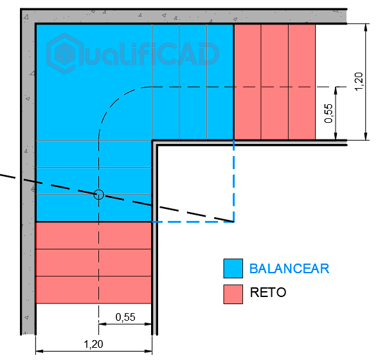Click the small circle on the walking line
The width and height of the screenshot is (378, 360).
coord(98,195)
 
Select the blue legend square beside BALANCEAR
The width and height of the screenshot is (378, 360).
coord(233,268)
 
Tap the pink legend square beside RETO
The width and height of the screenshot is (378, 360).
coord(233,294)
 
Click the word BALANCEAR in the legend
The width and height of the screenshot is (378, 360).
coord(289,269)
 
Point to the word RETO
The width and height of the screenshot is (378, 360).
coord(268,292)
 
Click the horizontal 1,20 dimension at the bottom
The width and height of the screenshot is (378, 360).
coord(93,344)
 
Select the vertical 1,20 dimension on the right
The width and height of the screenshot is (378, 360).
coord(359,82)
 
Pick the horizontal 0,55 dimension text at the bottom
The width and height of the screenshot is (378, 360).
coord(125,317)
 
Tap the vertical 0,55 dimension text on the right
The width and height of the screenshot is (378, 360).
coord(328,113)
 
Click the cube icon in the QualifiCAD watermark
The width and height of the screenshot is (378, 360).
coord(64,53)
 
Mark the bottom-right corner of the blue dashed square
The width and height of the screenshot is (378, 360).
coord(233,222)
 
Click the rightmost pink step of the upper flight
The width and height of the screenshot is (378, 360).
coord(301,82)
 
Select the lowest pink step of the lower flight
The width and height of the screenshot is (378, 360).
coord(93,289)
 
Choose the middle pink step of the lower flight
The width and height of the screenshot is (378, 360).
coord(93,262)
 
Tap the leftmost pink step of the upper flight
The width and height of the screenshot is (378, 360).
coord(248,82)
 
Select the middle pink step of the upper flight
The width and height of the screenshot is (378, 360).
coord(274,82)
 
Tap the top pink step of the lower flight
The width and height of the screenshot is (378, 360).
coord(93,235)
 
